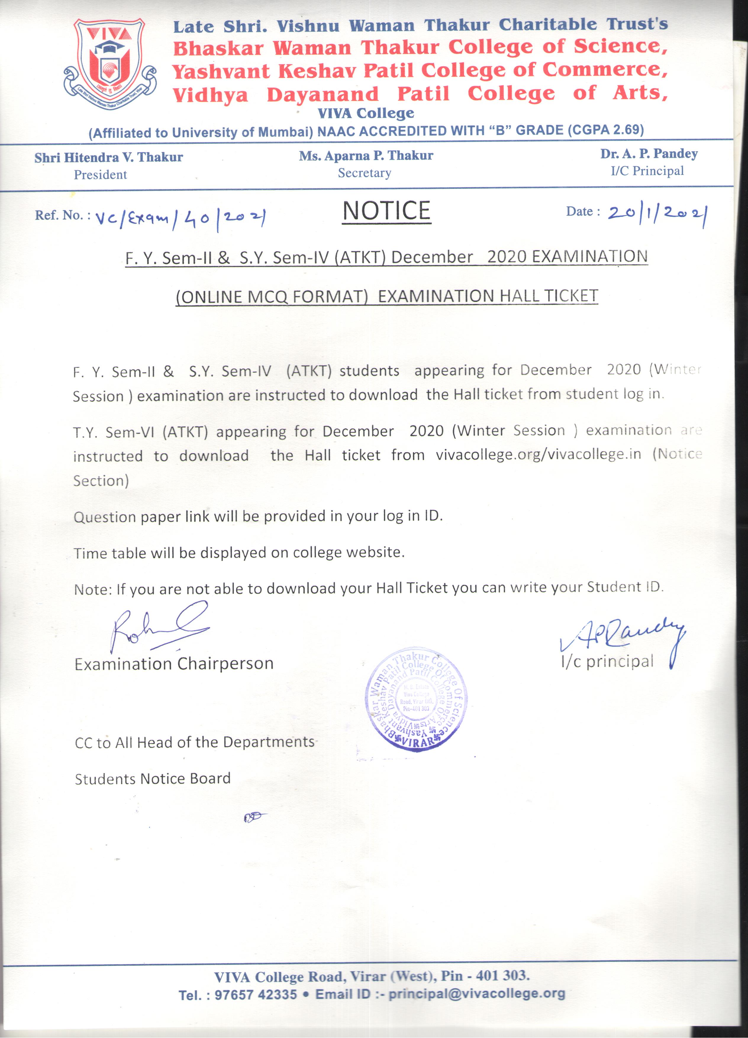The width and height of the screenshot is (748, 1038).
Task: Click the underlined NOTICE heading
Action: tap(387, 211)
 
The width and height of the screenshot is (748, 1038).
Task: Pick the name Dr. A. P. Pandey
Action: tap(649, 154)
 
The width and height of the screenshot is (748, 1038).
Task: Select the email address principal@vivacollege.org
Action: tap(477, 994)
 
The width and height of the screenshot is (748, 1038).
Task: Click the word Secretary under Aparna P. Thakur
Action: tap(365, 173)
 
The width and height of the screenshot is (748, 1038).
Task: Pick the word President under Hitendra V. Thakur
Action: tap(100, 175)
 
